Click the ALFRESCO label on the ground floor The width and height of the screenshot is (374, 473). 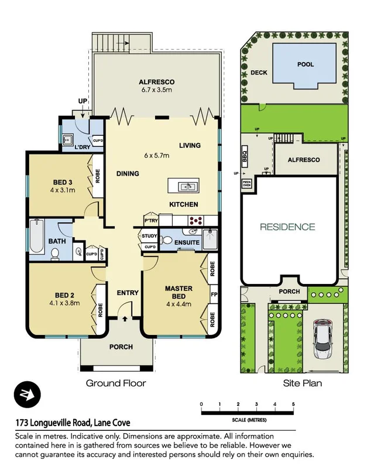(x=157, y=82)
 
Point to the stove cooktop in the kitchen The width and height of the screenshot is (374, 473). (x=195, y=221)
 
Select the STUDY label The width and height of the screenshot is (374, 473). (x=149, y=236)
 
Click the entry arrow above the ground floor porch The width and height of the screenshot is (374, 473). (x=124, y=319)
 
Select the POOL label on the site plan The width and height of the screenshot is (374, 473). (x=305, y=64)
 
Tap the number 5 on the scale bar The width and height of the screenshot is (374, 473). (x=293, y=405)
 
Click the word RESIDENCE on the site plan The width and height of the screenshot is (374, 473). (x=287, y=227)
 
